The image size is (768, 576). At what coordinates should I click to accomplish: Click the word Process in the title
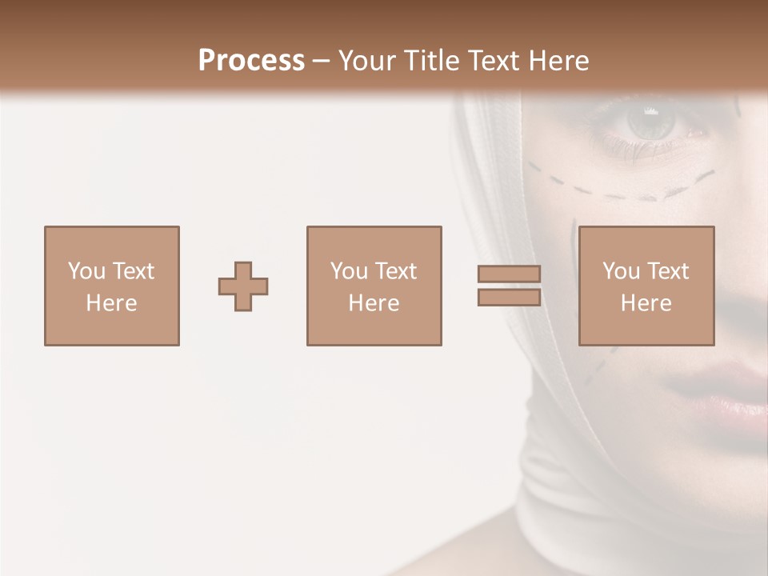coord(251,61)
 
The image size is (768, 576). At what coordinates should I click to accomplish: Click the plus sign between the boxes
coord(243,286)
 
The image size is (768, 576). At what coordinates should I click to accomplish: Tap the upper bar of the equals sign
coord(509,274)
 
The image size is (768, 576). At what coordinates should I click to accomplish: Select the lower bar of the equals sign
coord(509,298)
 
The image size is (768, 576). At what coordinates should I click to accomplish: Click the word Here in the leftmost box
coord(111,303)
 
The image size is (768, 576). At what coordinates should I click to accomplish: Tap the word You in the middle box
coord(348,271)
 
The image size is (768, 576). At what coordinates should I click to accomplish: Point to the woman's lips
coord(720,388)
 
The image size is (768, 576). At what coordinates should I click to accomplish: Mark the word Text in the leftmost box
coord(133,271)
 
